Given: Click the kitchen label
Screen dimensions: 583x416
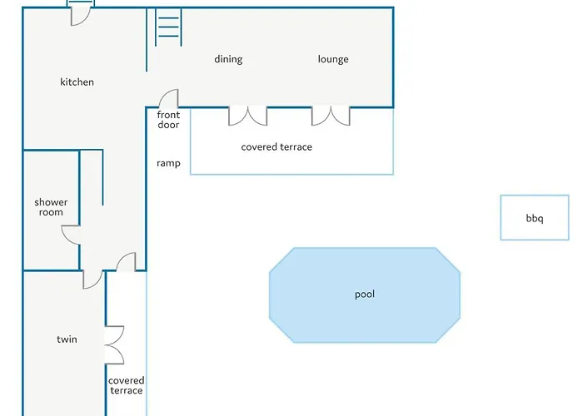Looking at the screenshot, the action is pyautogui.click(x=77, y=82).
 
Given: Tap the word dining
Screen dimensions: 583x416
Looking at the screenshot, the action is pyautogui.click(x=228, y=59).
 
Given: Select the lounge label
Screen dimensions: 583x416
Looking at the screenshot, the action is pyautogui.click(x=333, y=59).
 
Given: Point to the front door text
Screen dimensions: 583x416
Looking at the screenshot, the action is pyautogui.click(x=168, y=120).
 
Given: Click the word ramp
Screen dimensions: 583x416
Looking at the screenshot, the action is pyautogui.click(x=168, y=163).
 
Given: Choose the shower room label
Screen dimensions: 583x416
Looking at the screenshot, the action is pyautogui.click(x=51, y=207).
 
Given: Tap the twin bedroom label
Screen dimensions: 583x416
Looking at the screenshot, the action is pyautogui.click(x=67, y=339).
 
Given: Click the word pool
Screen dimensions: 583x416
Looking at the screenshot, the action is pyautogui.click(x=365, y=295).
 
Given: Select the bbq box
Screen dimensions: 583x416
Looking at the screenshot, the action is pyautogui.click(x=535, y=218).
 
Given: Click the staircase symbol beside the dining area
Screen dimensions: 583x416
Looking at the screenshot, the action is pyautogui.click(x=168, y=27).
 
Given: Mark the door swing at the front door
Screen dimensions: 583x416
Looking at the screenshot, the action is pyautogui.click(x=168, y=98).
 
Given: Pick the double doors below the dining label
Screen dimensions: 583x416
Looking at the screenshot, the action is pyautogui.click(x=247, y=116).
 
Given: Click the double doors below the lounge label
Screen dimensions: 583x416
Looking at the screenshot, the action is pyautogui.click(x=331, y=116).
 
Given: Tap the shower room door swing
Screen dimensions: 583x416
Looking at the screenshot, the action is pyautogui.click(x=71, y=235).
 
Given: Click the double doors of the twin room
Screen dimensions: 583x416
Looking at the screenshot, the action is pyautogui.click(x=115, y=345).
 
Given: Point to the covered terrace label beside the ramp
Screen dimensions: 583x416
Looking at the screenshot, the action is pyautogui.click(x=277, y=147).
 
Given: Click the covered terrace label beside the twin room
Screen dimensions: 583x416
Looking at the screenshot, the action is pyautogui.click(x=127, y=385).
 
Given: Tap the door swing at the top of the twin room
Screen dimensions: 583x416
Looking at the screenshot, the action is pyautogui.click(x=92, y=280).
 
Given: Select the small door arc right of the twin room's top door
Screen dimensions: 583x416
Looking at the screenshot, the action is pyautogui.click(x=126, y=262).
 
